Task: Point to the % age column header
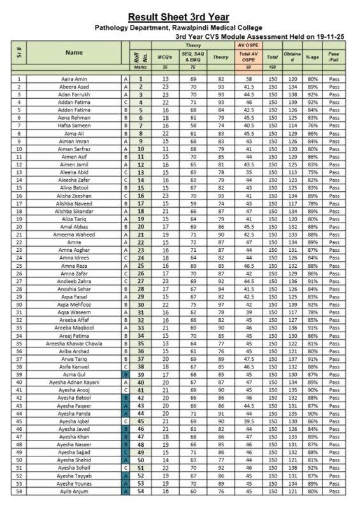[x=312, y=57]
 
